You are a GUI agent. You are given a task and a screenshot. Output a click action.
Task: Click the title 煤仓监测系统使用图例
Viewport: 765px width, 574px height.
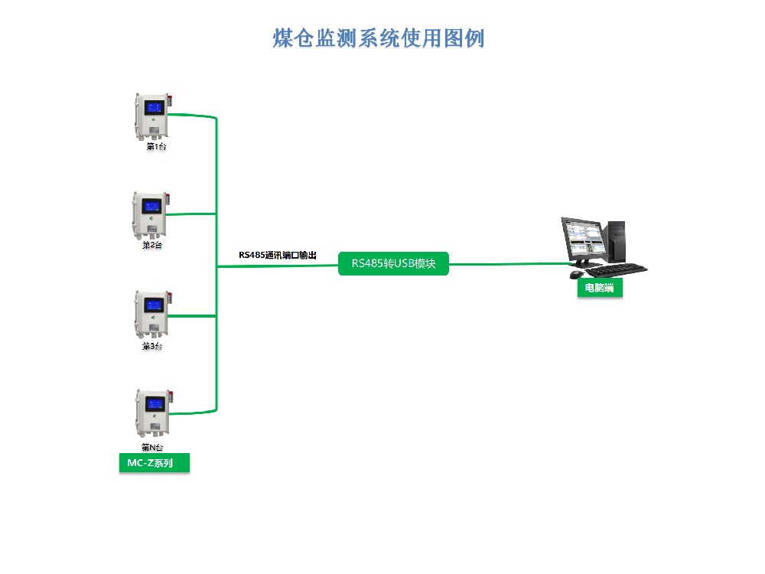pos(379,38)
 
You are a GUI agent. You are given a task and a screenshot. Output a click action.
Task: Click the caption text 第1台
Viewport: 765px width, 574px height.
pos(156,146)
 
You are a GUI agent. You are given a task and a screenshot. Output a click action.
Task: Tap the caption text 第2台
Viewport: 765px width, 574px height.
pos(152,246)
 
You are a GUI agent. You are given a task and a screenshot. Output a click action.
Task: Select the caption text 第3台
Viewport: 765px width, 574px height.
pos(152,346)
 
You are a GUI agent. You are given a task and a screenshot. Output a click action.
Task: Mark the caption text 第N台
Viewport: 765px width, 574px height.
pos(152,447)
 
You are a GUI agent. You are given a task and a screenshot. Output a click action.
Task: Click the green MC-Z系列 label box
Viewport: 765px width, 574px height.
pos(154,463)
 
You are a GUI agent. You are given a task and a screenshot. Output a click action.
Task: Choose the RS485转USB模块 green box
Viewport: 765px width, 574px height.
pos(393,264)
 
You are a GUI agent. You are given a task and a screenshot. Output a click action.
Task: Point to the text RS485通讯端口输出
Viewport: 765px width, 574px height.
pos(277,255)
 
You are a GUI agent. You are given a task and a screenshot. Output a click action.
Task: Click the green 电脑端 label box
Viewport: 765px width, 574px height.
pos(600,288)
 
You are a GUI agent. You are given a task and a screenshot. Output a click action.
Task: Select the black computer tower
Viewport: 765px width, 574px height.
pos(616,240)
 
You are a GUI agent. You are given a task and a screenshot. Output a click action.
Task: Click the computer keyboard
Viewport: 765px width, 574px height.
pos(617,269)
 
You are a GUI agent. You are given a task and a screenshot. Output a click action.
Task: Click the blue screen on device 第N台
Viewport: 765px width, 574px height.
pos(155,403)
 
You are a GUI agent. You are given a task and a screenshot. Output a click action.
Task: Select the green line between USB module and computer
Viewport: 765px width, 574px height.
pos(509,264)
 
